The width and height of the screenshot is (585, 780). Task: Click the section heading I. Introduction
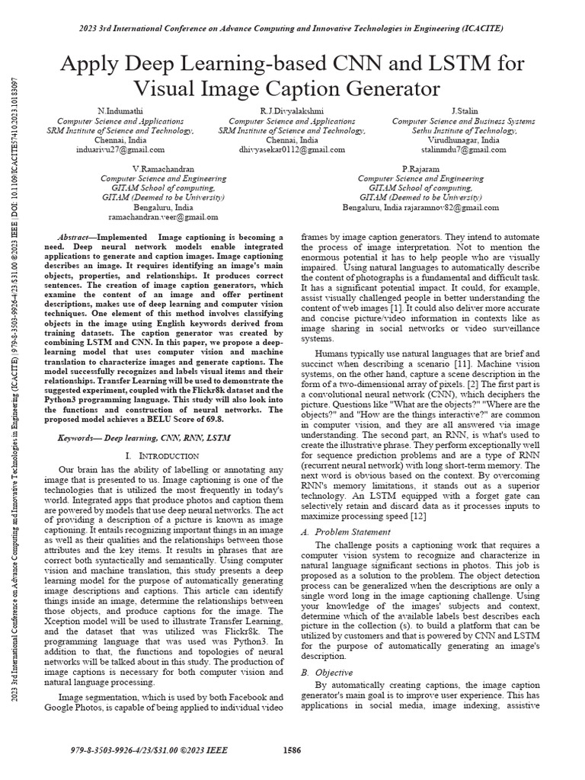[x=163, y=455]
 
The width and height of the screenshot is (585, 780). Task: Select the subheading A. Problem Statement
[x=336, y=531]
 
